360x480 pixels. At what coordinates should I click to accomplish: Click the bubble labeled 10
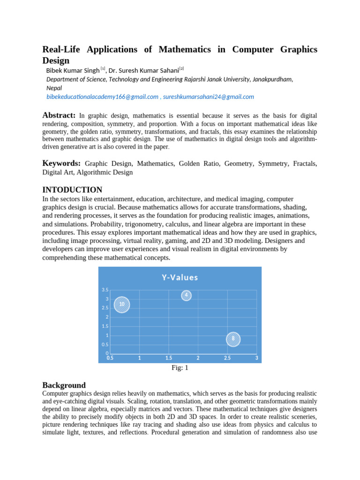pos(122,304)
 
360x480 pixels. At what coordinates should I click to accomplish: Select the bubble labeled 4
pos(186,295)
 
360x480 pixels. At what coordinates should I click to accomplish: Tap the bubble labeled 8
pos(233,339)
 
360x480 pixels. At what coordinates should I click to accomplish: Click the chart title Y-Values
pos(180,277)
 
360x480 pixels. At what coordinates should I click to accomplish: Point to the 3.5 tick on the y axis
pos(105,290)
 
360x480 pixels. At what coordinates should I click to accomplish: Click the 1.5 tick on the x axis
pos(169,358)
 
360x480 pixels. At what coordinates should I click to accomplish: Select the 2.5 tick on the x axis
pos(227,358)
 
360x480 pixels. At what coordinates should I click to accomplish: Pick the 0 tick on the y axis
pos(107,353)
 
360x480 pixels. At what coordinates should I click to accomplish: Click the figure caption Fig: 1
pos(180,368)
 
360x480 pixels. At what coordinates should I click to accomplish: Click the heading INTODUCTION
pos(72,190)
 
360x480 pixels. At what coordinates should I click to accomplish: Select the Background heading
pos(64,385)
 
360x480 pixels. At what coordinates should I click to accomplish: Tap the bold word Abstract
pos(59,115)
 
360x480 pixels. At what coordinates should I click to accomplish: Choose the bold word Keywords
pos(61,163)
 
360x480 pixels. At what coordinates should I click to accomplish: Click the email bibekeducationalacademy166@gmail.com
pos(102,97)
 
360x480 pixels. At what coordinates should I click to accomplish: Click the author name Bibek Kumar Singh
pos(73,70)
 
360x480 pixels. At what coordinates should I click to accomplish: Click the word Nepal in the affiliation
pos(54,88)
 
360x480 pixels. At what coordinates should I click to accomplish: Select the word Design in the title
pos(56,60)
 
